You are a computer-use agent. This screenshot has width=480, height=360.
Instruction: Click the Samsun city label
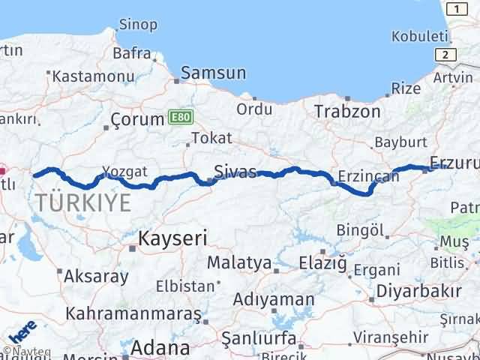click(x=218, y=73)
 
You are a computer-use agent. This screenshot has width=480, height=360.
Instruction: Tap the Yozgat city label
click(x=125, y=172)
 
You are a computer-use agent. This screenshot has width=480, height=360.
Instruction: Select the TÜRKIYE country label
click(x=82, y=202)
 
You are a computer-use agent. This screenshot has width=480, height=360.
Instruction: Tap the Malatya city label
click(x=238, y=262)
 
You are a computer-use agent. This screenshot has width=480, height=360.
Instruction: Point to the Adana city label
click(x=160, y=348)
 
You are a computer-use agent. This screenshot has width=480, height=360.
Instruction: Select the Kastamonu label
click(x=82, y=75)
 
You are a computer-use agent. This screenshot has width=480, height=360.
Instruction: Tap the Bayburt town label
click(x=400, y=141)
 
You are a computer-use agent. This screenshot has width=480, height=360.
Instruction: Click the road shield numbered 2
click(x=447, y=55)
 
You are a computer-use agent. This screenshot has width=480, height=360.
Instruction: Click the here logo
click(x=23, y=329)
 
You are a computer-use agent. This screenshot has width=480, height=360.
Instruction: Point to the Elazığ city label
click(x=322, y=262)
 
